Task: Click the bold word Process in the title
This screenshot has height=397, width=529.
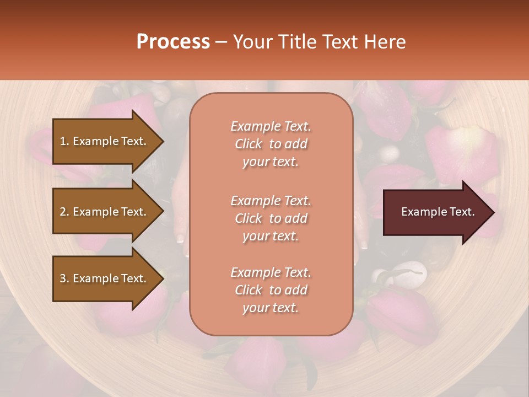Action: coord(173,42)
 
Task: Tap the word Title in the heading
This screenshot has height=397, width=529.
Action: coord(298,42)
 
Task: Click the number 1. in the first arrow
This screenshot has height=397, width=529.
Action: coord(65,141)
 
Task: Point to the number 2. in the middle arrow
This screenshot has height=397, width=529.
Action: coord(65,212)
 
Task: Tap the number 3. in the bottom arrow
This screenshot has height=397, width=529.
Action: coord(65,278)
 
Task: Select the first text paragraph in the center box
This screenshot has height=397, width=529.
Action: coord(271,144)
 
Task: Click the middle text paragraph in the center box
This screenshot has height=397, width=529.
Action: coord(271,218)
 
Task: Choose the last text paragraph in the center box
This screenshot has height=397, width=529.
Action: coord(271,290)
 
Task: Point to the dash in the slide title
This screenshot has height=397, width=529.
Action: coord(222,42)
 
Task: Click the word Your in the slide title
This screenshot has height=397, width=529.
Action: coord(251,42)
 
